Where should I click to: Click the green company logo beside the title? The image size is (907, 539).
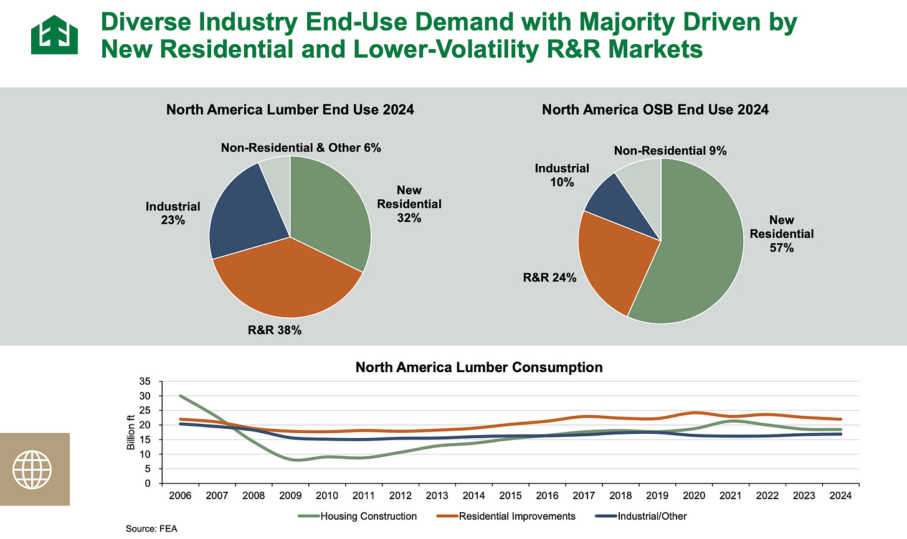coord(54,35)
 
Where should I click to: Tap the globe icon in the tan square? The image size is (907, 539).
coord(34,469)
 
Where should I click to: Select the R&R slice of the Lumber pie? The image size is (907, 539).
coord(287,280)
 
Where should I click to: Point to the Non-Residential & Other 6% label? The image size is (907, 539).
coord(301,148)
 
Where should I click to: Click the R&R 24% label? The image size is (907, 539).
coord(549,278)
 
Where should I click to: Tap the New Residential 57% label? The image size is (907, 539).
coord(782,234)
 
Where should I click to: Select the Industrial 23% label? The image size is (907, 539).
coord(173,213)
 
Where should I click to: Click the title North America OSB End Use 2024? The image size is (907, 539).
coord(655,110)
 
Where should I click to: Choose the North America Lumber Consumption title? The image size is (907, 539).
coord(479,367)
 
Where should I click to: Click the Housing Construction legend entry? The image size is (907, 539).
coord(368,516)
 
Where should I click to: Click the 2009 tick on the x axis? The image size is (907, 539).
coord(290,495)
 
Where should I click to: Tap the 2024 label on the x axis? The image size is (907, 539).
coord(840,495)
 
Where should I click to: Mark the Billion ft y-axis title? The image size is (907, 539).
coord(131,432)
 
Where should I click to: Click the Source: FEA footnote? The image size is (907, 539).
coord(151,529)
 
